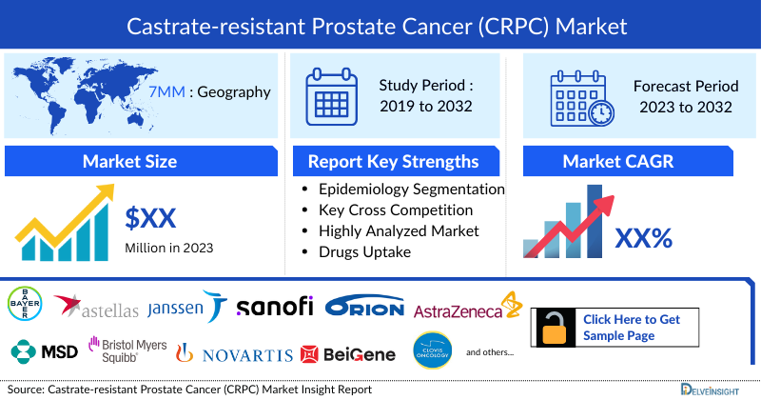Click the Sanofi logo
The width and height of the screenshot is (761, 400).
click(275, 307)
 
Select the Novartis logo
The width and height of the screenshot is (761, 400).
click(235, 354)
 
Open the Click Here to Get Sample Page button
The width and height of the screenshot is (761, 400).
click(637, 327)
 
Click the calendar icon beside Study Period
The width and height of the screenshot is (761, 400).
click(332, 95)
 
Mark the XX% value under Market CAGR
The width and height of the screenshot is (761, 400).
click(646, 236)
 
